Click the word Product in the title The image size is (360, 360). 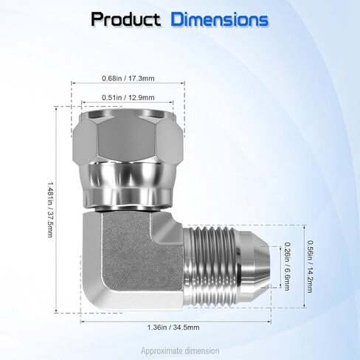pos(126,19)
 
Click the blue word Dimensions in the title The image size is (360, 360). pos(220,19)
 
